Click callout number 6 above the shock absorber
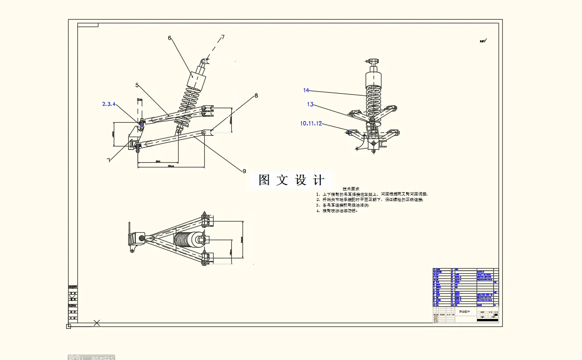pos(170,38)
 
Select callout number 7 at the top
pos(223,37)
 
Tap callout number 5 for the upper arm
pos(137,85)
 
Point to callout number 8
pos(256,96)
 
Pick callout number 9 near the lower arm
pos(244,171)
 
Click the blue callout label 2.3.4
pos(109,104)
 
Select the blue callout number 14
pos(306,90)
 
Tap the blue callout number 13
pos(310,104)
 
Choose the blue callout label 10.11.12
pos(311,123)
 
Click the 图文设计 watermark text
pos(291,180)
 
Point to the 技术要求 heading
pos(351,189)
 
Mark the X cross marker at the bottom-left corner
pos(97,322)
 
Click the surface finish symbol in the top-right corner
pos(483,41)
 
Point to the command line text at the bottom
pos(91,357)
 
